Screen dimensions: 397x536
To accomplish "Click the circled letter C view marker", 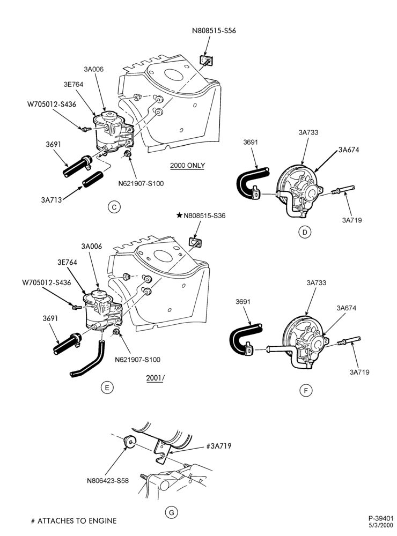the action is pyautogui.click(x=114, y=207).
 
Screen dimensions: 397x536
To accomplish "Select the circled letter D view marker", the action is pyautogui.click(x=305, y=232).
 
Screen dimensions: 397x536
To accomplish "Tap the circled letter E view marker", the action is pyautogui.click(x=107, y=388).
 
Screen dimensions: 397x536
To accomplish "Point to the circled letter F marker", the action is pyautogui.click(x=306, y=390).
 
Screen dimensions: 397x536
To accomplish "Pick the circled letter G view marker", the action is pyautogui.click(x=172, y=512).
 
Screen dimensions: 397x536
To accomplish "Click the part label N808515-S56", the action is pyautogui.click(x=214, y=31).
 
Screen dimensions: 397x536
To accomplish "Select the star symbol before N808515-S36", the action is pyautogui.click(x=179, y=215).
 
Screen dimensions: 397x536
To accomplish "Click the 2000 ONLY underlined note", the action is pyautogui.click(x=188, y=166).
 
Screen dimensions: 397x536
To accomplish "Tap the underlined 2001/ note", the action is pyautogui.click(x=155, y=378).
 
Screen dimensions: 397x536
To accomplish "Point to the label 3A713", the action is pyautogui.click(x=52, y=200).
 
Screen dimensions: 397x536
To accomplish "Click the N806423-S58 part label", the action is pyautogui.click(x=108, y=481).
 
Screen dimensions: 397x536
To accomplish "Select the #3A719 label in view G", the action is pyautogui.click(x=219, y=446).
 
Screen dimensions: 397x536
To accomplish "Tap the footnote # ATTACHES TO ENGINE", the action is pyautogui.click(x=73, y=520).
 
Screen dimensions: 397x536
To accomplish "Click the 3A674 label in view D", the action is pyautogui.click(x=349, y=150).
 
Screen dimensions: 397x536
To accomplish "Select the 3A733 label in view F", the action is pyautogui.click(x=316, y=282).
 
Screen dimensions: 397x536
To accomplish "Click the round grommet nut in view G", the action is pyautogui.click(x=130, y=441).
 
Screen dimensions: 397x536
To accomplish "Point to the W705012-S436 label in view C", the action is pyautogui.click(x=52, y=105).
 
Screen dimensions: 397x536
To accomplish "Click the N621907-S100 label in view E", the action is pyautogui.click(x=137, y=359).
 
